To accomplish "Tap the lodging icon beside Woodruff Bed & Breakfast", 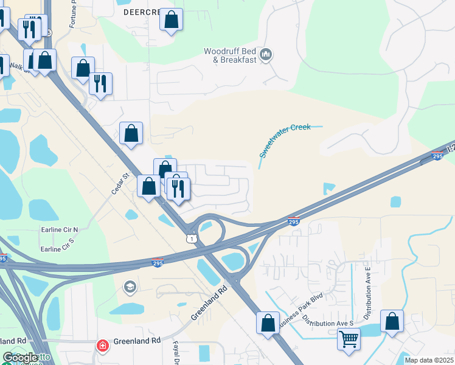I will coord(266,56).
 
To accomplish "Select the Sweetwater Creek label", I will coord(285,139).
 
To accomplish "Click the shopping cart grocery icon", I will coord(349,338).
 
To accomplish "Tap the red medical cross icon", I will coord(103,346).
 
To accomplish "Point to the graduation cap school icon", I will coord(130,287).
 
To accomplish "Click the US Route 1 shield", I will coord(192,238).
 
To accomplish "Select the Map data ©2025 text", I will coord(429,360).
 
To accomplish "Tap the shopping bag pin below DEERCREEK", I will coord(172,20).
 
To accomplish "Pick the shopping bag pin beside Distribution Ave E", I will coord(392,321).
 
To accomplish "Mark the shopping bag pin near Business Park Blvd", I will coord(268,323).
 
